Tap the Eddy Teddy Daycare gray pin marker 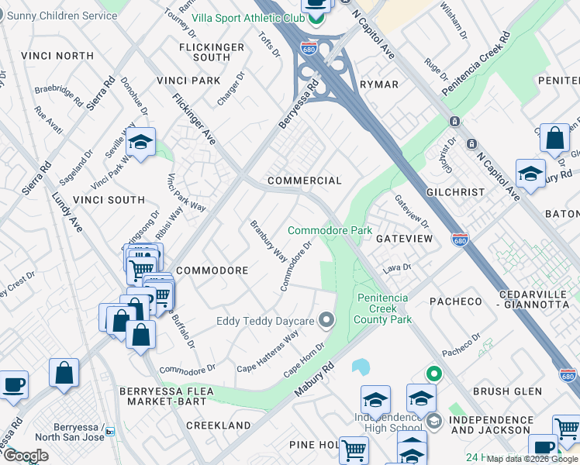326,319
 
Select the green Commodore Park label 330,230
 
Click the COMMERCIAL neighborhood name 304,181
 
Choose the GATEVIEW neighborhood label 404,239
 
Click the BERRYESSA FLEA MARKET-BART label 162,396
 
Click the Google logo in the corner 25,456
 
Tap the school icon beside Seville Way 140,143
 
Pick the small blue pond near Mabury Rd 361,365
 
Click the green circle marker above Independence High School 434,374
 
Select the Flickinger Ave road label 194,119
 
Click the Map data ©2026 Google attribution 532,459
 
